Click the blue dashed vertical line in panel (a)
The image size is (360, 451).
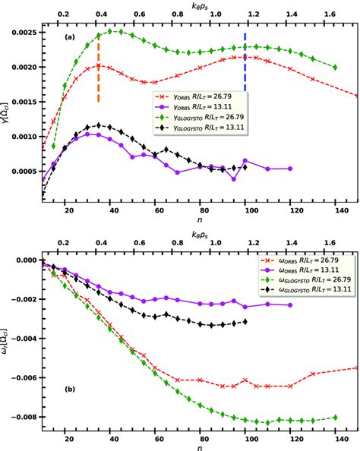(x=245, y=65)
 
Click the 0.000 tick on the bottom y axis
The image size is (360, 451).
(x=25, y=260)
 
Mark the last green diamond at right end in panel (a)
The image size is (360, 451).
(x=335, y=67)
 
